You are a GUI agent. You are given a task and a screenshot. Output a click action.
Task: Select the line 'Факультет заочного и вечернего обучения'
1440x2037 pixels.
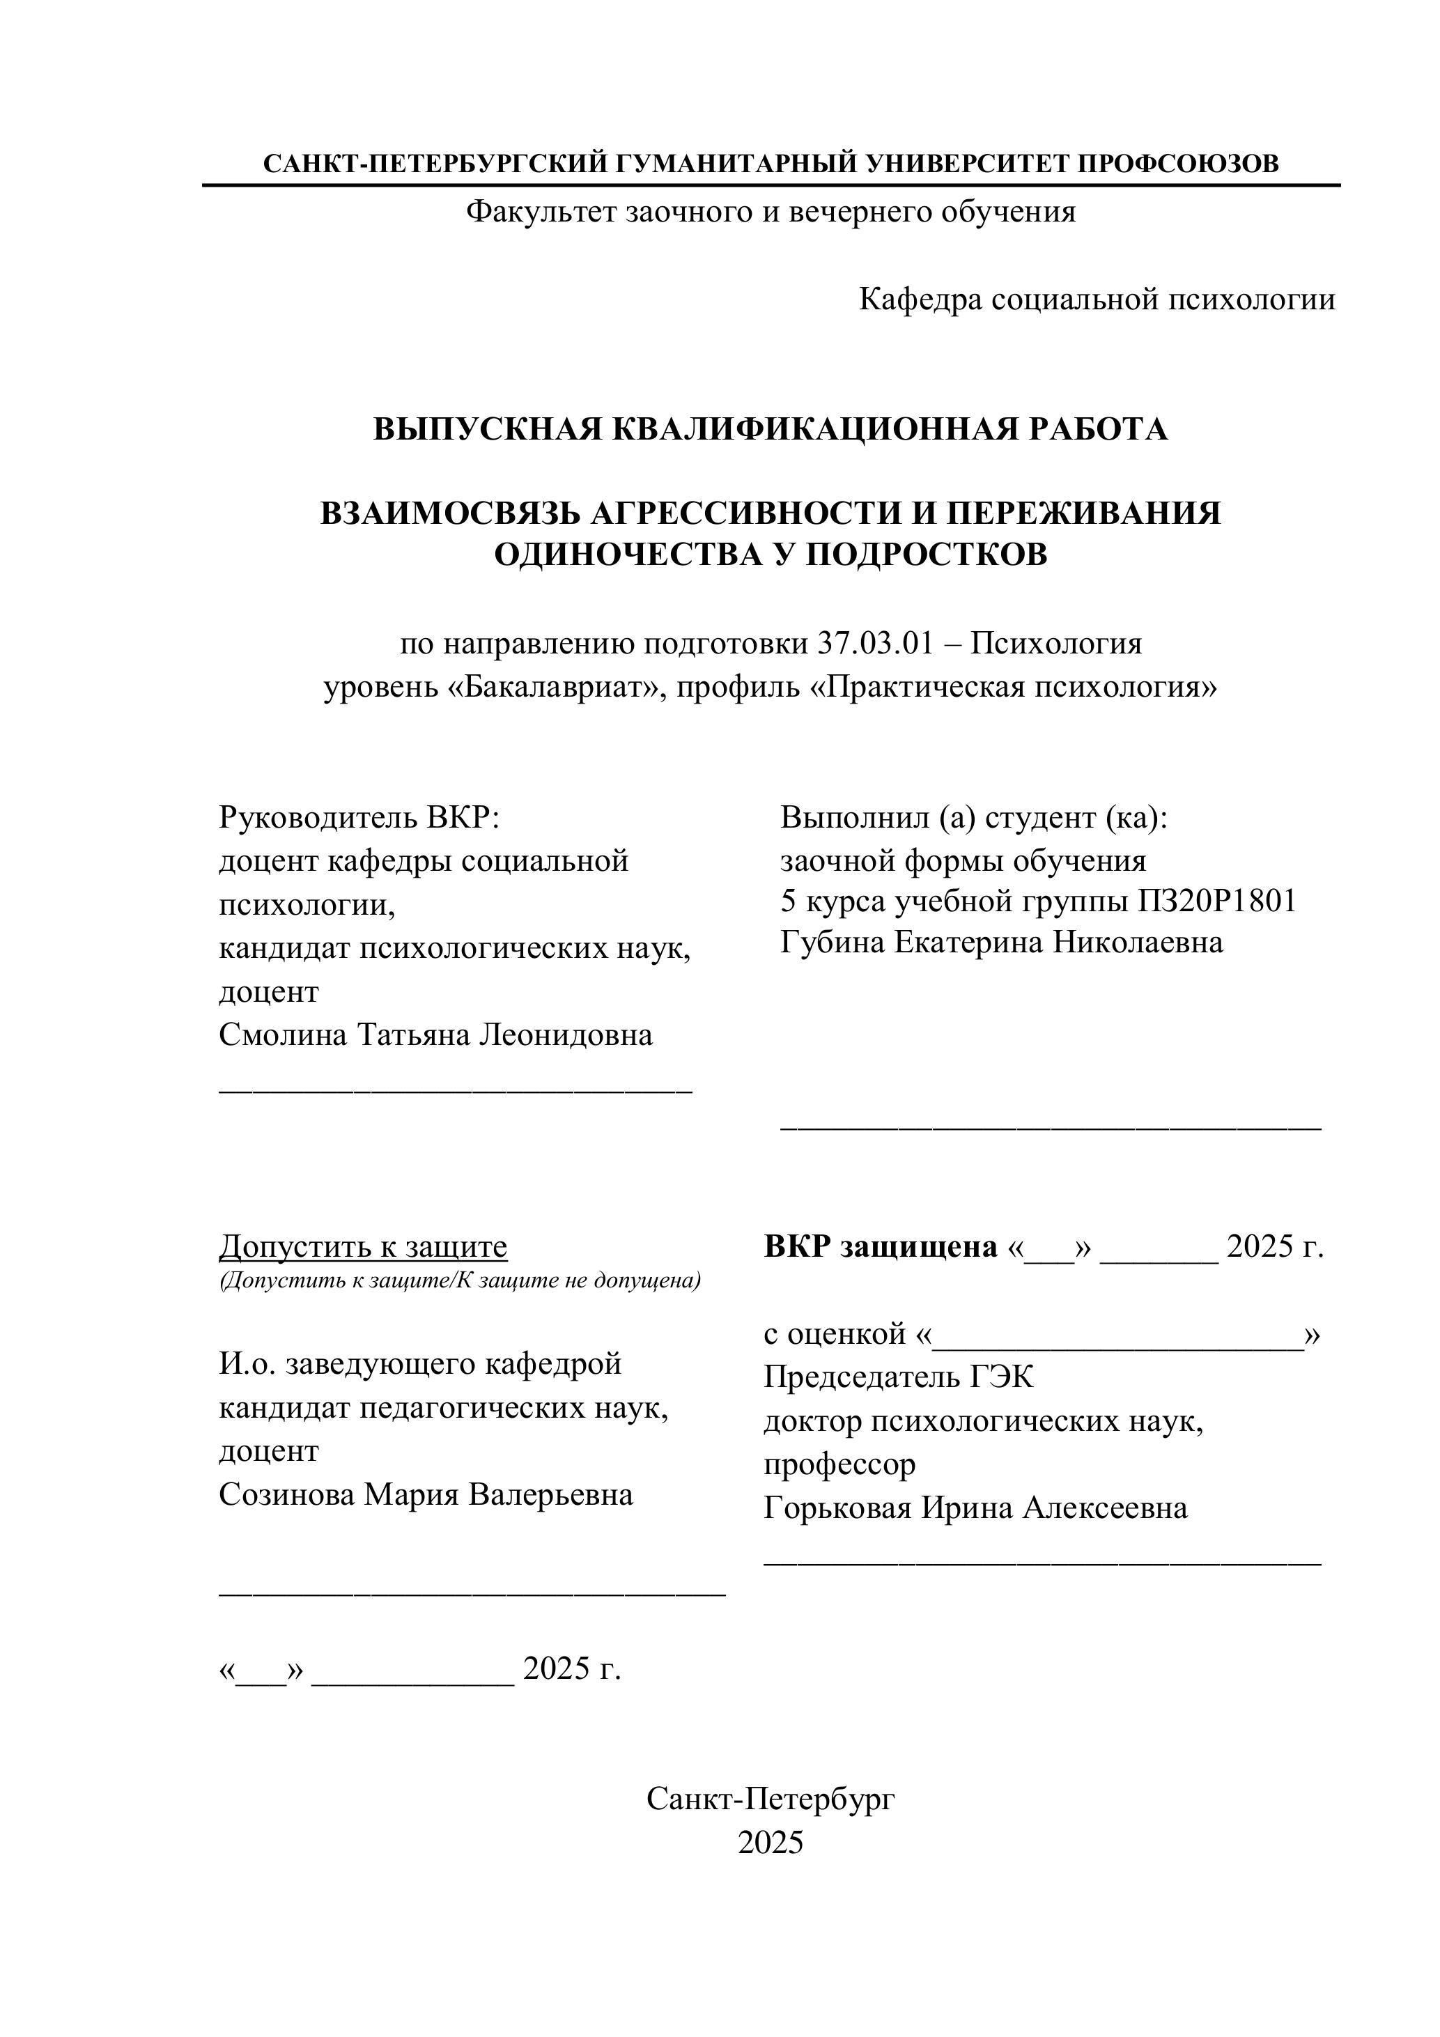[770, 212]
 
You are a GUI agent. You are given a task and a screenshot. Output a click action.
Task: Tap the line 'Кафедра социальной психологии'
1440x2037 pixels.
[1097, 300]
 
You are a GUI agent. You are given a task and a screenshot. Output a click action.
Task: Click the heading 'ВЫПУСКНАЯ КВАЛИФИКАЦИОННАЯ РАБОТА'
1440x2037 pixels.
[770, 429]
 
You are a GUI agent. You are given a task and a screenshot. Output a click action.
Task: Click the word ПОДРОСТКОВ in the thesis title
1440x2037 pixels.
[927, 555]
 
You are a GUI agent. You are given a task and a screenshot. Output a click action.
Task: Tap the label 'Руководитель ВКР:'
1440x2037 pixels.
[360, 817]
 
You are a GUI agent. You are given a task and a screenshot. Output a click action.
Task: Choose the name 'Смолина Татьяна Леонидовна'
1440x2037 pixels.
[435, 1035]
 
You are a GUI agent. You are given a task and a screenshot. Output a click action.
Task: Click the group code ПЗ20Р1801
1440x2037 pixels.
[1216, 901]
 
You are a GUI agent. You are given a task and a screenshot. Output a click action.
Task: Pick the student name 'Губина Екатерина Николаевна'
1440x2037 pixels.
[1002, 942]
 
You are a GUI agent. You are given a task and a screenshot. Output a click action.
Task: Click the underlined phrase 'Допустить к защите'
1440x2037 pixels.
[363, 1246]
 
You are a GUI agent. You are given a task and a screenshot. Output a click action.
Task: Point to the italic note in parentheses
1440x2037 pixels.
[460, 1280]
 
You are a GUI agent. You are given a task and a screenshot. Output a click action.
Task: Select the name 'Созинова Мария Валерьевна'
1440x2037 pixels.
[426, 1495]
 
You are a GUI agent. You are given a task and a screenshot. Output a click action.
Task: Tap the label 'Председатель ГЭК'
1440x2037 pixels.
[899, 1377]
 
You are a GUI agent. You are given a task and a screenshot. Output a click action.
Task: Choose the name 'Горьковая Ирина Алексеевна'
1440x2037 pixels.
[975, 1508]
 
